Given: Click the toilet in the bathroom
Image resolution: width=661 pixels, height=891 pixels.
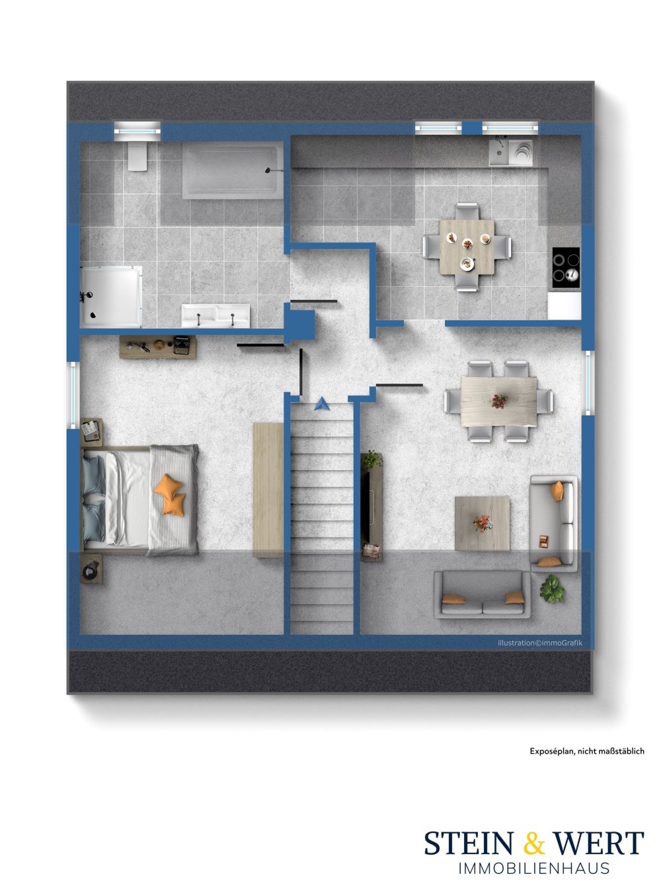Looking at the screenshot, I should pyautogui.click(x=137, y=156).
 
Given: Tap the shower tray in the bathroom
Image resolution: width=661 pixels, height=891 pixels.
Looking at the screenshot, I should pyautogui.click(x=111, y=296).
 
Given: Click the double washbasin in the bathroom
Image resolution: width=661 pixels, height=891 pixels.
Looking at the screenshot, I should pyautogui.click(x=216, y=316).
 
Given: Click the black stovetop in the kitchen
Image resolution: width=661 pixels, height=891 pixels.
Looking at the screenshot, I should pyautogui.click(x=566, y=267).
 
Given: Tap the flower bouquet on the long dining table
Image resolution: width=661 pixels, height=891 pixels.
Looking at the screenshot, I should pyautogui.click(x=499, y=400).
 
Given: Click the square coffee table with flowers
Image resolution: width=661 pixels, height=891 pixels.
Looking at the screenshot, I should pyautogui.click(x=482, y=523).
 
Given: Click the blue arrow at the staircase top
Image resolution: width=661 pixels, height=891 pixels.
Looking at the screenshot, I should pyautogui.click(x=322, y=403).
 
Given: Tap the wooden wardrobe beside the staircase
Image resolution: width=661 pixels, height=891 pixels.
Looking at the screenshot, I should pyautogui.click(x=268, y=489).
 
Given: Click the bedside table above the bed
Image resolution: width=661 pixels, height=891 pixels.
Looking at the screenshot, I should pyautogui.click(x=91, y=431).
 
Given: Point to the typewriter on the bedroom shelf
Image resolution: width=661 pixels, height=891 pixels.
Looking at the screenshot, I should pyautogui.click(x=181, y=345).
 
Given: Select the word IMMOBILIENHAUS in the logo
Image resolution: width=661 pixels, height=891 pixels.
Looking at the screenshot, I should pyautogui.click(x=533, y=869).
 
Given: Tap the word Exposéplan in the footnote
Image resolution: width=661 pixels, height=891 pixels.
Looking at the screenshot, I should pyautogui.click(x=552, y=751).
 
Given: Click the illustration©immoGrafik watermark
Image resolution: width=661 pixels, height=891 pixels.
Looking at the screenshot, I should pyautogui.click(x=539, y=643).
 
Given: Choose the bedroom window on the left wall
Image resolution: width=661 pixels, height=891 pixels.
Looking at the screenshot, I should pyautogui.click(x=73, y=391).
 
